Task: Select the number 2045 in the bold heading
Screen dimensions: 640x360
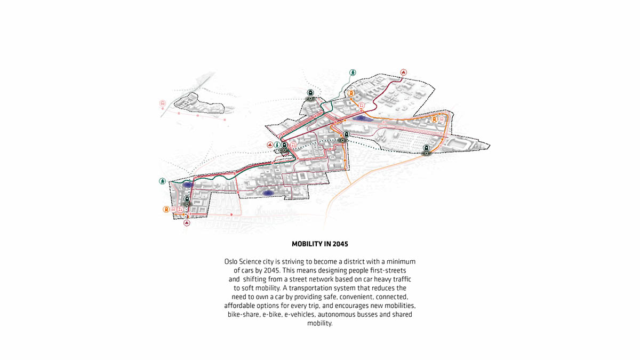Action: click(x=341, y=244)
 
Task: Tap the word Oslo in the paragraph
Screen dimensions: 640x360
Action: click(x=231, y=262)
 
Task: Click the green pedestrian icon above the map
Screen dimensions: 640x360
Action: click(x=353, y=73)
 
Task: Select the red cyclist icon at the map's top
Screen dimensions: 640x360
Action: click(x=403, y=73)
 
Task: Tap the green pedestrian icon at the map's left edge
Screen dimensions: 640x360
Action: click(x=162, y=181)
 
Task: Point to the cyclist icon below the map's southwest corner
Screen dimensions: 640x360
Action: click(x=187, y=222)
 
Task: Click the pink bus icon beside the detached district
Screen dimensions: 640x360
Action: click(x=163, y=103)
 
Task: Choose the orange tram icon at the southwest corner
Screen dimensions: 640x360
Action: click(x=166, y=210)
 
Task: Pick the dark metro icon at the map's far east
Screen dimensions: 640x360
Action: click(x=426, y=148)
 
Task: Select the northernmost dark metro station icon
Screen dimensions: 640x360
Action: click(x=310, y=93)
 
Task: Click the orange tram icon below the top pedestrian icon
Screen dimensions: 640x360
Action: click(x=351, y=93)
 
